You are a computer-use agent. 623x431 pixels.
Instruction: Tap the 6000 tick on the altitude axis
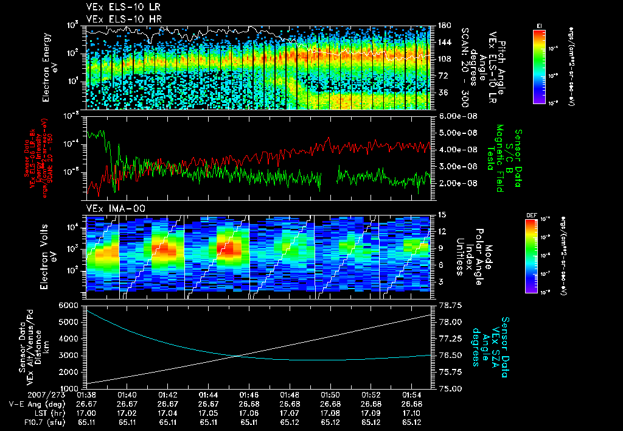point(71,305)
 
